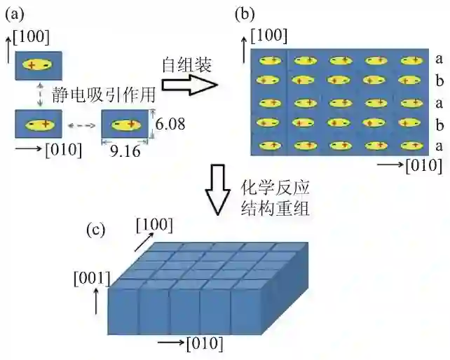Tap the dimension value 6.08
tap(171, 124)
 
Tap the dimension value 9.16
tap(125, 149)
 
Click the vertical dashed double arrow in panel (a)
tap(40, 94)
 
